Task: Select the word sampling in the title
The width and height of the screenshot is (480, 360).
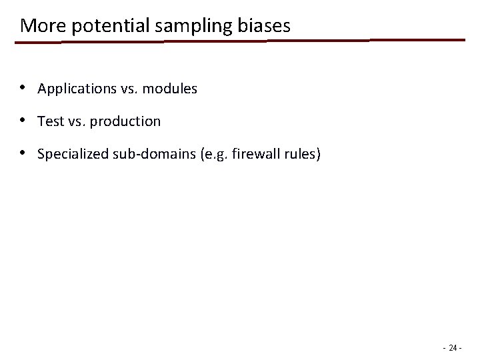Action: [x=168, y=26]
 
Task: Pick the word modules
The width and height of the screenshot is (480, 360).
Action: [x=169, y=89]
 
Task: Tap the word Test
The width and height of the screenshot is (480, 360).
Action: [x=50, y=121]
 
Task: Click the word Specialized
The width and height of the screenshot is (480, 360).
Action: [x=69, y=155]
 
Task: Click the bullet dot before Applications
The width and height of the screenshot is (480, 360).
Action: [x=23, y=88]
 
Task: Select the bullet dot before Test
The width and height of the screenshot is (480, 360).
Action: [x=23, y=121]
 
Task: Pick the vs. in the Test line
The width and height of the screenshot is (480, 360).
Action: [x=77, y=121]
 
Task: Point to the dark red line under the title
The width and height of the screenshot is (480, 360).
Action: [x=240, y=41]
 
